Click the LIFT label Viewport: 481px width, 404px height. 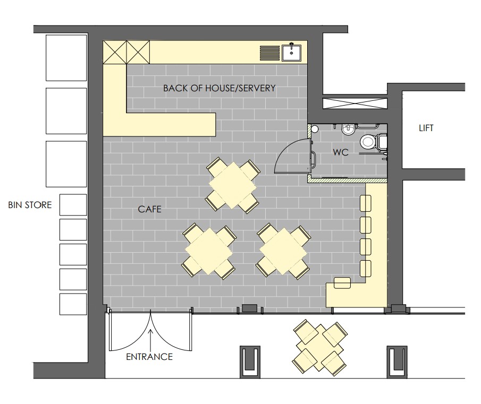(426, 128)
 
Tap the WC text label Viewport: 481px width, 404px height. (341, 152)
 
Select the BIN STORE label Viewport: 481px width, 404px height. (30, 205)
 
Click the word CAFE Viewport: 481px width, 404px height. (149, 209)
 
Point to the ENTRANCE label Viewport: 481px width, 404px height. (149, 357)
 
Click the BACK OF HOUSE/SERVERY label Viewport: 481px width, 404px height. (220, 88)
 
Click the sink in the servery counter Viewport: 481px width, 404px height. (292, 53)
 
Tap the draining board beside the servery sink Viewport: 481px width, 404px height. (269, 53)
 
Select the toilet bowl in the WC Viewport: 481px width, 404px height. (367, 142)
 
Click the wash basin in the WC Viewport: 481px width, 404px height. (348, 129)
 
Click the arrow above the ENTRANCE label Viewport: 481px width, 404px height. (150, 340)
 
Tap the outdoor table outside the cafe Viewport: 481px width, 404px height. (320, 348)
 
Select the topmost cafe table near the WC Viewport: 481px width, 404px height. (232, 185)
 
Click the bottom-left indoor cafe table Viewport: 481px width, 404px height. (208, 251)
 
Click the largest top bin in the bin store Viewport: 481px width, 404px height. (66, 57)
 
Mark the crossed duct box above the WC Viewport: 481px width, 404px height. (355, 103)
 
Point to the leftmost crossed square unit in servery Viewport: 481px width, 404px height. (115, 52)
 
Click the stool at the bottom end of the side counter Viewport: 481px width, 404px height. (342, 283)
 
